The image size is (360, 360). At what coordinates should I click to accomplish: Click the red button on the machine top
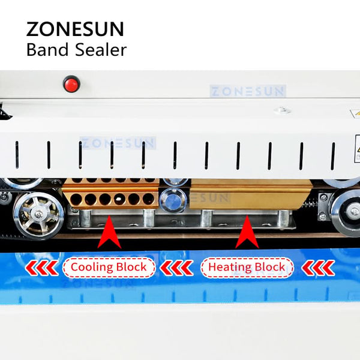coord(71,83)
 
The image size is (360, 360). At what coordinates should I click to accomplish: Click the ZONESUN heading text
coord(75,29)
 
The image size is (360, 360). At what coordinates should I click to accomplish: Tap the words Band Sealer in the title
coord(76,50)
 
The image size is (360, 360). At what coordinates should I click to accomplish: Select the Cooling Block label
coord(109,267)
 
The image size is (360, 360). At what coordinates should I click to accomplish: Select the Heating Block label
coord(247,267)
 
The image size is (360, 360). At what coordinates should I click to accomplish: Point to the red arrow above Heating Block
coord(247,234)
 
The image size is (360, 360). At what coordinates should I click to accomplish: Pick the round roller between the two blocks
coord(173,200)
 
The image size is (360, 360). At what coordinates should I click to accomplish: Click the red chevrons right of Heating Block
coord(318,268)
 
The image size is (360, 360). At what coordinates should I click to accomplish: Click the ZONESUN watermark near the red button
coord(247,91)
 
